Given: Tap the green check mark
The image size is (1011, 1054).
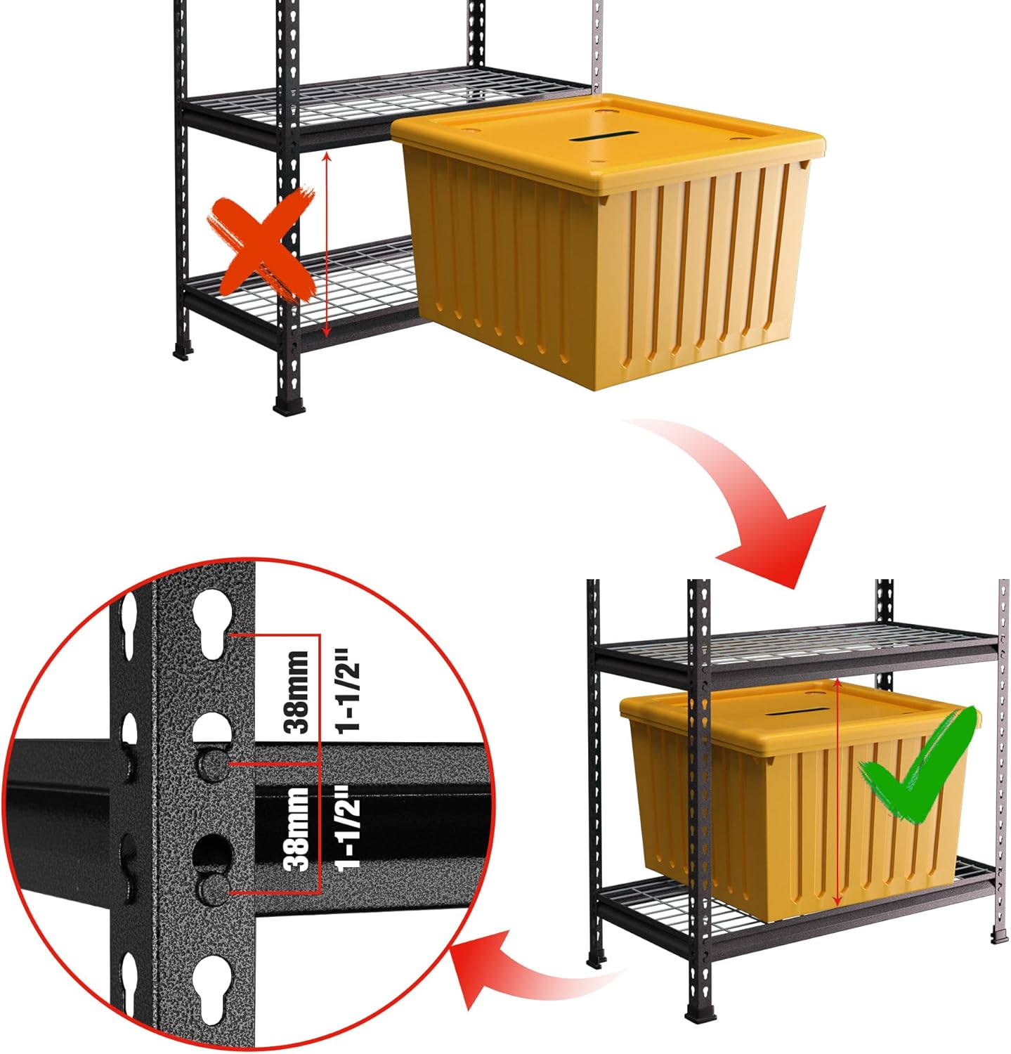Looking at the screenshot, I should (x=917, y=766).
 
